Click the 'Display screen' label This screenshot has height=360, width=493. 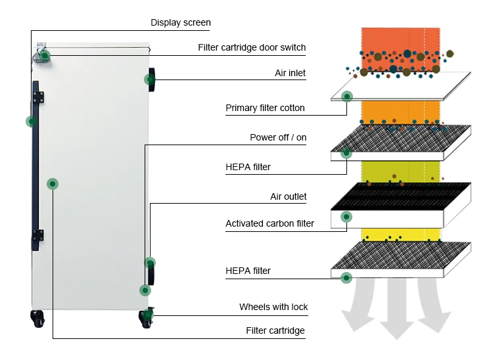click(181, 22)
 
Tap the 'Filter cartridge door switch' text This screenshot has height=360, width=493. click(252, 47)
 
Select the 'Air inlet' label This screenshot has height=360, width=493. click(290, 73)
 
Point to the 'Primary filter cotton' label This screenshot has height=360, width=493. click(265, 108)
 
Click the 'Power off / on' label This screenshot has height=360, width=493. click(278, 137)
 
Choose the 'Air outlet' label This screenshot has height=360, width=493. click(289, 196)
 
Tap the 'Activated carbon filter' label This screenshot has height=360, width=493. click(270, 223)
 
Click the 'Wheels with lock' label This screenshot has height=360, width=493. click(273, 307)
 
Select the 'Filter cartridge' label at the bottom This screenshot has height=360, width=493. click(275, 330)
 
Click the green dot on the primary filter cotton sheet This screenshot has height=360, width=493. click(347, 97)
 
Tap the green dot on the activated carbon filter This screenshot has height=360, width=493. click(346, 217)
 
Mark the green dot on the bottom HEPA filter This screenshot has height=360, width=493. click(346, 278)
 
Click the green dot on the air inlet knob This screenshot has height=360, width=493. click(150, 79)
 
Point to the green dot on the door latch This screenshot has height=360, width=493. click(45, 56)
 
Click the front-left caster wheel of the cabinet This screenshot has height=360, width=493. click(37, 319)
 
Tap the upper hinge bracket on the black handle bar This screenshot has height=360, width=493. click(38, 97)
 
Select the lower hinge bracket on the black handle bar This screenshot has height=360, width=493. click(38, 235)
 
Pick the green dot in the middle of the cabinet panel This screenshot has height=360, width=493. click(53, 184)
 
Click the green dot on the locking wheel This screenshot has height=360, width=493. click(147, 314)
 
